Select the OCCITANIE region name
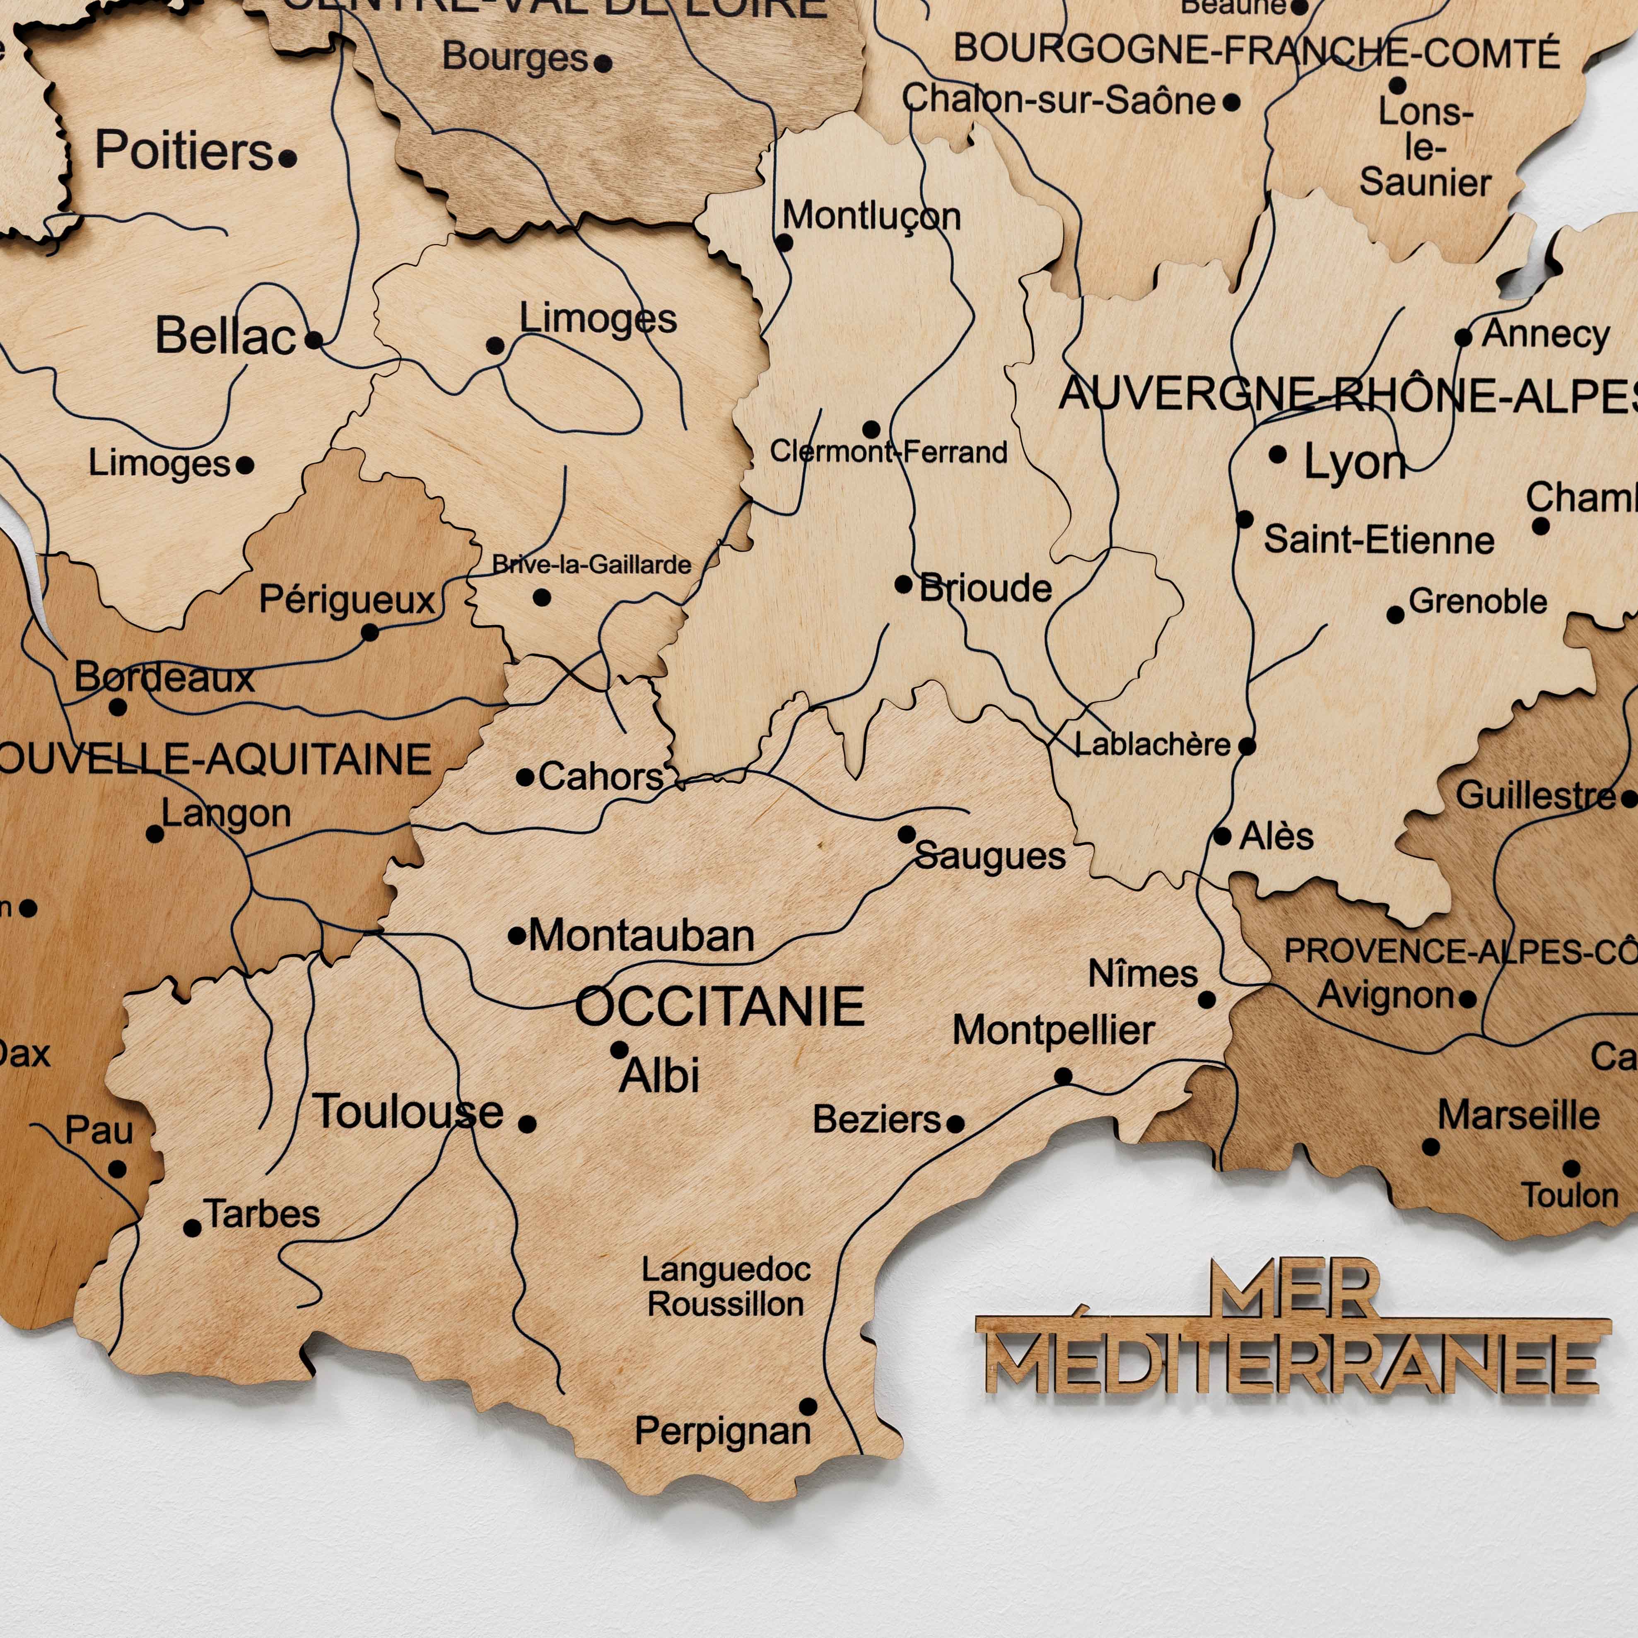(719, 1006)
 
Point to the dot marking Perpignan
(808, 1406)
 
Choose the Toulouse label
(409, 1112)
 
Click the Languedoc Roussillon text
(726, 1286)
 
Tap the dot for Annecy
(1463, 338)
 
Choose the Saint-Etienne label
(1379, 540)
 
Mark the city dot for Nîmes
(1206, 1000)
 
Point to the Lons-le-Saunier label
(1425, 147)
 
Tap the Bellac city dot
(314, 340)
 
